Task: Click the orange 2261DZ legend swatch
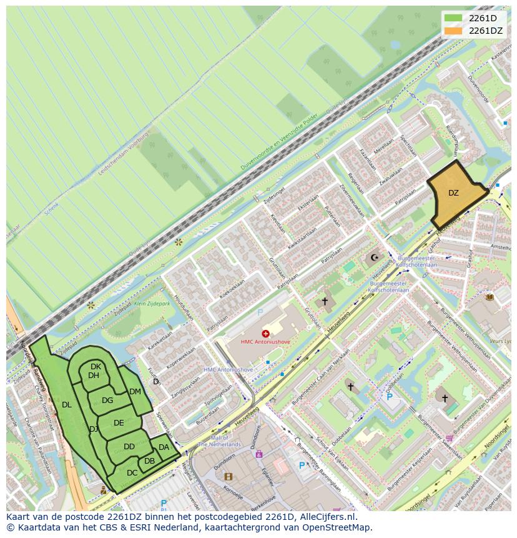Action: coord(454,31)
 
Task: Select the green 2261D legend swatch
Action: coord(454,18)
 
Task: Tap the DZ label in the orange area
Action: coord(453,193)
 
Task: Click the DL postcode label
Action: coord(67,405)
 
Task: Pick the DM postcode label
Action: coord(135,392)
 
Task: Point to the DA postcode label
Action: coord(164,447)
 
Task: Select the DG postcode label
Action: coord(107,401)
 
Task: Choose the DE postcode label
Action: coord(119,423)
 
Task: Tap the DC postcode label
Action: coord(132,473)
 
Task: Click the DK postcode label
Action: coord(96,367)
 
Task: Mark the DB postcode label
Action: coord(149,461)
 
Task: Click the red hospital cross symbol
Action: coord(266,334)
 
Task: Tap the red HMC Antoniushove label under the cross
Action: coord(266,342)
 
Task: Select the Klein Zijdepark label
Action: coord(152,304)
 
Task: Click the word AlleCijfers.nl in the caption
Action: coord(328,517)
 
